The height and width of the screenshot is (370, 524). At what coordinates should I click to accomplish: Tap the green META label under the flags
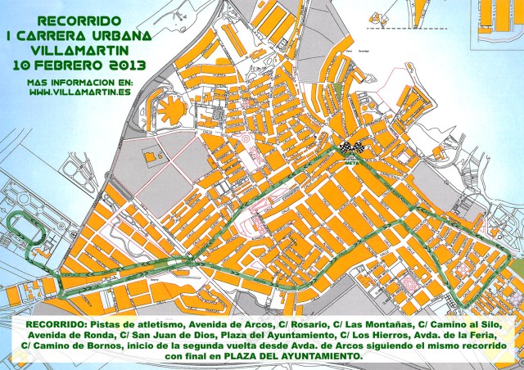click(x=351, y=161)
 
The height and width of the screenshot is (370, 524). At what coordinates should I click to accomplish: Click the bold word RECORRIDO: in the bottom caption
click(x=55, y=325)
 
